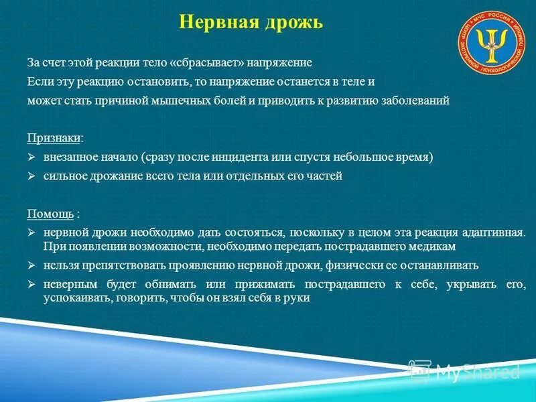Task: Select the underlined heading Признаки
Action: pos(54,137)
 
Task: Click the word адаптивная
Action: pos(493,232)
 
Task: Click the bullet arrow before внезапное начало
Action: pos(31,157)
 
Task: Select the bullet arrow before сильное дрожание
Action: pos(31,176)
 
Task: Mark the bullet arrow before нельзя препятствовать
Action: pos(31,265)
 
